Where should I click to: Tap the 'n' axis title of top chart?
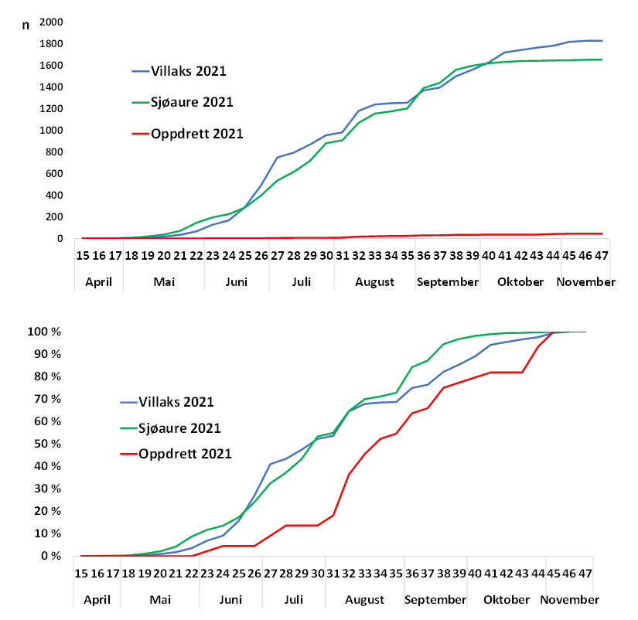26,24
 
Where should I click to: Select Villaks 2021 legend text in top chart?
189,72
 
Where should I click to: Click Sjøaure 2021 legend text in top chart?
192,102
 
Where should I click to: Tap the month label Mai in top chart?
164,281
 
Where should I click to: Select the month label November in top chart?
585,281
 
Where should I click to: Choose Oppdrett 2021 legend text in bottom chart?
185,454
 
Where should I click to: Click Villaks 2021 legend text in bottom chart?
176,402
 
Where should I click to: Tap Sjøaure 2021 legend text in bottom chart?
179,428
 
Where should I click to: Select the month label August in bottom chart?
365,599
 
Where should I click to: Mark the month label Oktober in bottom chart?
508,599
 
